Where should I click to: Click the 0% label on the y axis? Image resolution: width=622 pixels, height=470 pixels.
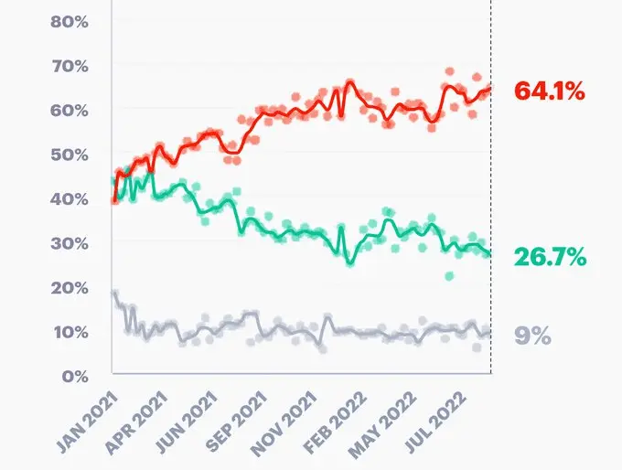[73, 375]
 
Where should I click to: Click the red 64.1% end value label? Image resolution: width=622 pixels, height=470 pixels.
[549, 91]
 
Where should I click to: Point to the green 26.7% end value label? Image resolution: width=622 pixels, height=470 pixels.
[549, 257]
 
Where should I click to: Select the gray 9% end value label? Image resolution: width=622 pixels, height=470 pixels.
[531, 336]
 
